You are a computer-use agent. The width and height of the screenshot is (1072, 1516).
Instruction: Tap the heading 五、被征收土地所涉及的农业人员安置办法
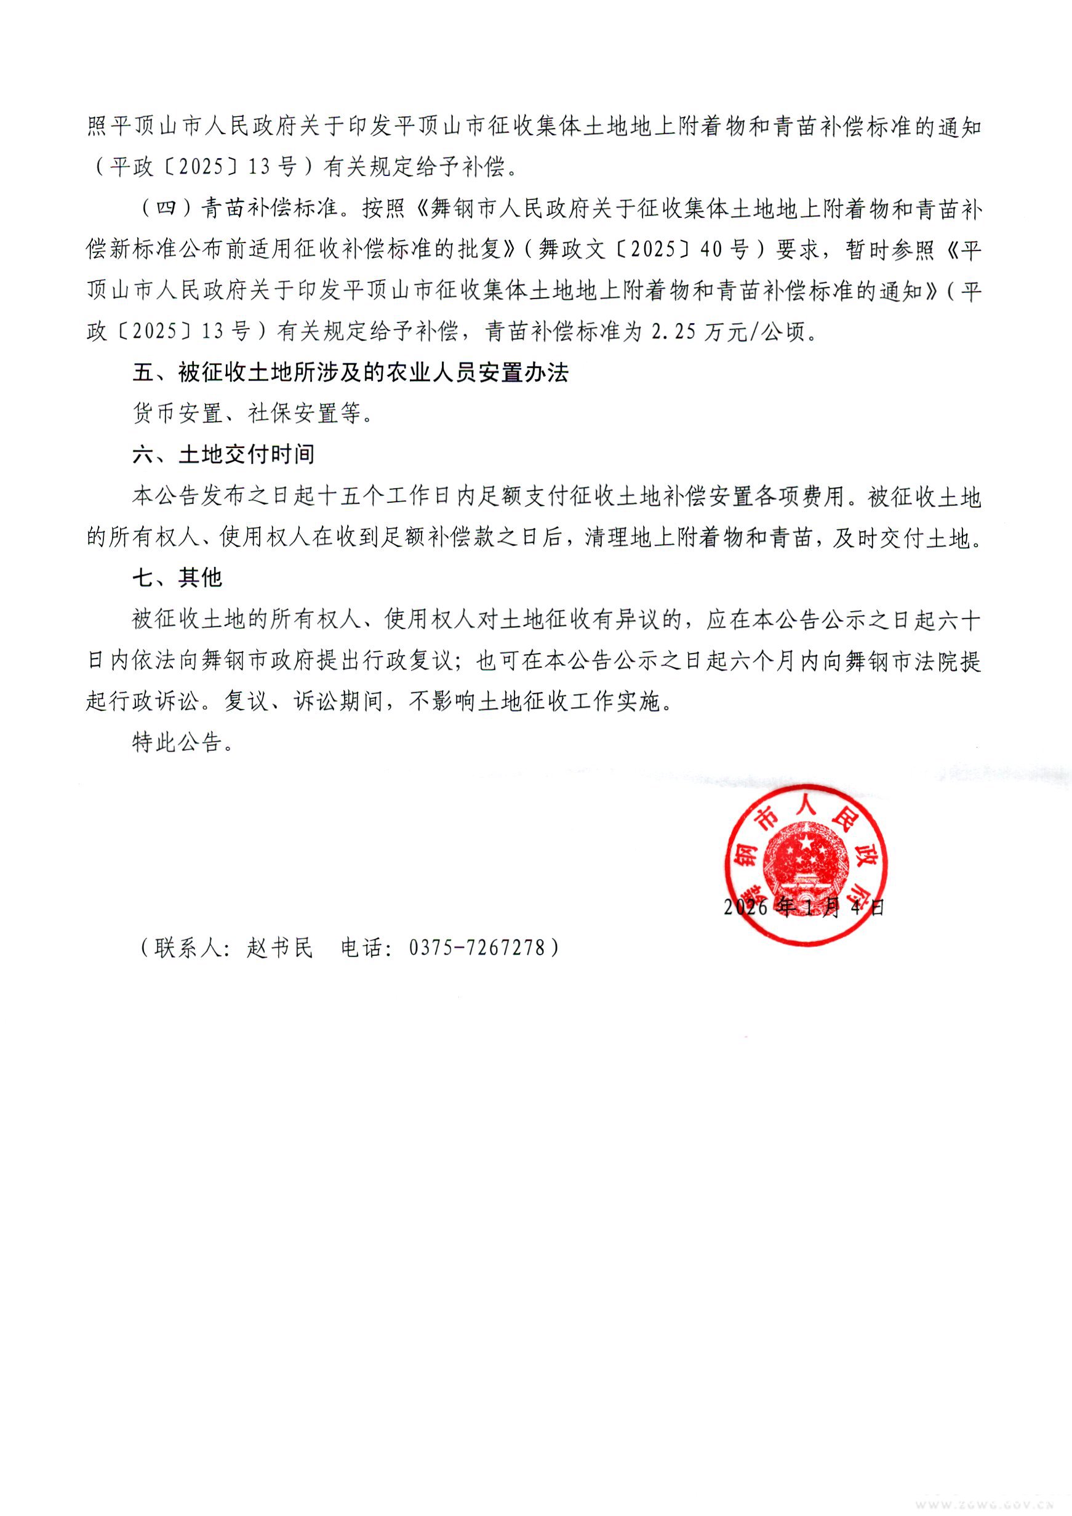pos(350,373)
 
